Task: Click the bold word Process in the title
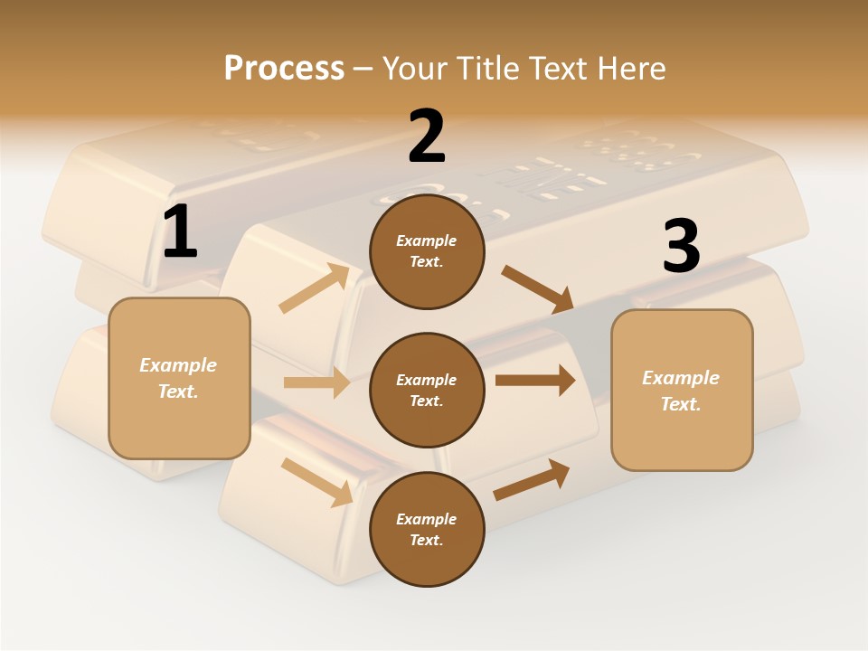(284, 69)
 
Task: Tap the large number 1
(180, 232)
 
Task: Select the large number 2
(427, 137)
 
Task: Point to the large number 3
(681, 247)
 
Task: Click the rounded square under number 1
(179, 378)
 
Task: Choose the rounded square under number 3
(682, 391)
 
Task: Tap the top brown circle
(427, 251)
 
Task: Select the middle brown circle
(427, 391)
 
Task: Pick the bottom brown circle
(427, 530)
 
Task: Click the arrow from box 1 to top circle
(315, 288)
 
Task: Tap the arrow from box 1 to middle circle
(316, 382)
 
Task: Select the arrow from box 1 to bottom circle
(316, 482)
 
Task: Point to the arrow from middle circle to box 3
(535, 381)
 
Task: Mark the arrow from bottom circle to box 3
(532, 480)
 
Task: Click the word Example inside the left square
(178, 365)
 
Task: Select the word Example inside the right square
(681, 378)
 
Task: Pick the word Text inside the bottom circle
(425, 541)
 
